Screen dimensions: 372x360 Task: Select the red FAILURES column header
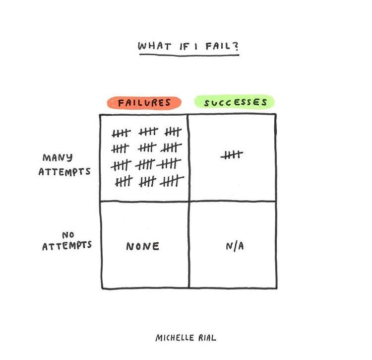pos(144,103)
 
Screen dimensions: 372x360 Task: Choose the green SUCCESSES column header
pos(236,103)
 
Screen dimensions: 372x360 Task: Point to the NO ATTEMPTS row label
pos(67,240)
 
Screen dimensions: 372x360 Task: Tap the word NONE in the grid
pos(143,246)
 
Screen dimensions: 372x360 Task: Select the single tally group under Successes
pos(232,155)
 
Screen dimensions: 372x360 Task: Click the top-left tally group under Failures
pos(121,133)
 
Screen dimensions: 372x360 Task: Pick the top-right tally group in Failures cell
pos(173,132)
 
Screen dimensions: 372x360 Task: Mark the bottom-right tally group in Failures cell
pos(172,181)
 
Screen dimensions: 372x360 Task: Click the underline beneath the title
pos(188,55)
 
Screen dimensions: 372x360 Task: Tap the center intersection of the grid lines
pos(188,201)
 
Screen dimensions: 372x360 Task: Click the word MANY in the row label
pos(57,158)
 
